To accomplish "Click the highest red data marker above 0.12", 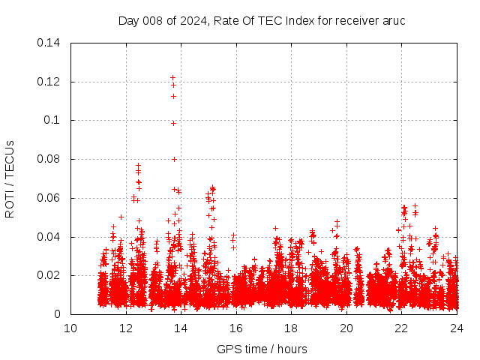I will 172,77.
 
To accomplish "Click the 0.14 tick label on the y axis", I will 49,43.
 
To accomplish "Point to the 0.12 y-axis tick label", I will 49,82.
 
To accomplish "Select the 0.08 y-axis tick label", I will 49,160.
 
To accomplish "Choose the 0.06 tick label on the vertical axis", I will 49,199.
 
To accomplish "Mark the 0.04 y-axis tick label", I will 49,237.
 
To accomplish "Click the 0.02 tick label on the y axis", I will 49,276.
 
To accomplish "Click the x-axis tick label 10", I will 70,328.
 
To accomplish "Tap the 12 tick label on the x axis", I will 126,328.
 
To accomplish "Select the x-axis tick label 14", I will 181,328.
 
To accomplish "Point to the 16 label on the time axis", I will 236,328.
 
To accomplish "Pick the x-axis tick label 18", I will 291,328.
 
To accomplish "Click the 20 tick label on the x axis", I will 346,328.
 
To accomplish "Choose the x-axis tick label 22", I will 402,328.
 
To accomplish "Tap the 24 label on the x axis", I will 457,328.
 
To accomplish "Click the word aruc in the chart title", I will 394,21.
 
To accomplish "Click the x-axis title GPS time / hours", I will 262,349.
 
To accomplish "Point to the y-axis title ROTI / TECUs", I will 10,178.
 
